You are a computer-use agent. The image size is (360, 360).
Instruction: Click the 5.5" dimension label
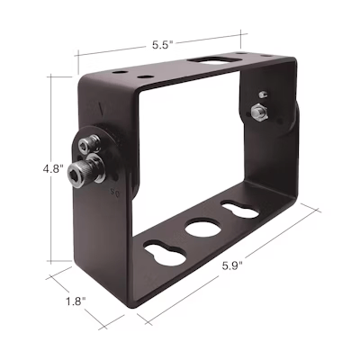(163, 45)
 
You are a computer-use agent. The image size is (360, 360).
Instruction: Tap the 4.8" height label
(53, 168)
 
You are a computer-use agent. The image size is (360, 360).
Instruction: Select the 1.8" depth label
(76, 301)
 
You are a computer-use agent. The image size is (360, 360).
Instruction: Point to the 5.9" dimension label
(232, 265)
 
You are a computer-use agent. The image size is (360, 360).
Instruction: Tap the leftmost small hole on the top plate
(119, 73)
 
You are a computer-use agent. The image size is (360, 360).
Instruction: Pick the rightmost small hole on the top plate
(265, 56)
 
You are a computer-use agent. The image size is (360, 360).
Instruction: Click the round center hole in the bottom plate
(203, 229)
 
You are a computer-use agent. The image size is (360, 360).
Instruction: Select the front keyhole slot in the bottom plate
(165, 252)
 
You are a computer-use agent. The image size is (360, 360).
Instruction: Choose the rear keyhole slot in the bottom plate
(240, 209)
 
